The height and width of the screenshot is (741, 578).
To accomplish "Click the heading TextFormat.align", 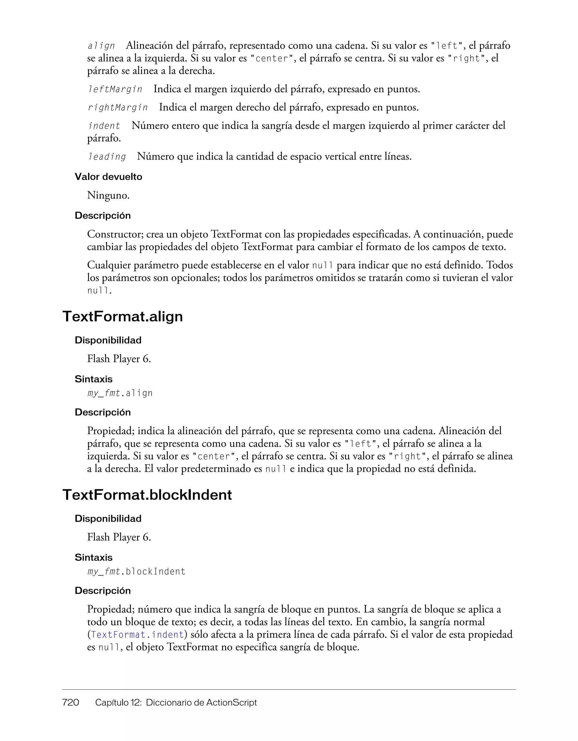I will (122, 317).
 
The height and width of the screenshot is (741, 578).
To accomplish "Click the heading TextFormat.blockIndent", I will (147, 495).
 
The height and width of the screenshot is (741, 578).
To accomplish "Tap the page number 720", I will (71, 702).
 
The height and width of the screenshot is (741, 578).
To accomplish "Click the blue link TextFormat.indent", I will (137, 635).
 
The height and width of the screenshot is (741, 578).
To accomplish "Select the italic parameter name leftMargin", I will (115, 90).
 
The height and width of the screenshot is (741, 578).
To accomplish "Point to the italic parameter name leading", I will (107, 157).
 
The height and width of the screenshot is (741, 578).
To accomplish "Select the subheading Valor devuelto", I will (108, 177).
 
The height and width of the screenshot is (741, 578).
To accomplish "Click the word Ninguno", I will (108, 195).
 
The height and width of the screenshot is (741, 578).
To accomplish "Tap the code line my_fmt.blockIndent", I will (137, 572).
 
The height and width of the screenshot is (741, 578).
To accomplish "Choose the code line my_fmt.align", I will (120, 393).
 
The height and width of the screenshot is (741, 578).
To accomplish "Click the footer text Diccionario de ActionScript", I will (202, 702).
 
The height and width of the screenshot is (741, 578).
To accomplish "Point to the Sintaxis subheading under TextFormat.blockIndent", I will (93, 557).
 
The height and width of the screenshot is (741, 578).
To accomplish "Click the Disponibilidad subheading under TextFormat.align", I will (108, 340).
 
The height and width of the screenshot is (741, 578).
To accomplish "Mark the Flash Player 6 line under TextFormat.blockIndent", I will (119, 537).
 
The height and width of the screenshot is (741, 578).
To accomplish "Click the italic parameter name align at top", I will (101, 46).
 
